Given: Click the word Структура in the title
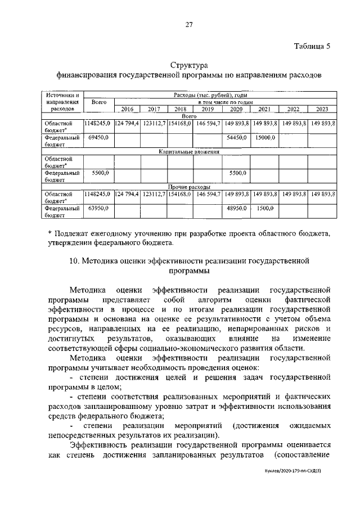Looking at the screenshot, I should click(x=189, y=66).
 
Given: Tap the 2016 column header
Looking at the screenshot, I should click(x=127, y=109).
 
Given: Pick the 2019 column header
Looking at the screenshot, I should click(x=208, y=109).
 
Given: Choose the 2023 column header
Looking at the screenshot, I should click(x=322, y=109).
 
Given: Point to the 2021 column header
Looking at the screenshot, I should click(x=264, y=109).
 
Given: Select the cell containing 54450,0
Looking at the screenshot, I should click(x=237, y=137).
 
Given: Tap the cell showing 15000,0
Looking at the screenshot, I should click(x=264, y=137).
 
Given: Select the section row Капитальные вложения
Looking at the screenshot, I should click(x=189, y=151).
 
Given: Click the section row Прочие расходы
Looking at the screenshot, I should click(x=189, y=187).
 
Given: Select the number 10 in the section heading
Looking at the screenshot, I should click(x=74, y=260).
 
